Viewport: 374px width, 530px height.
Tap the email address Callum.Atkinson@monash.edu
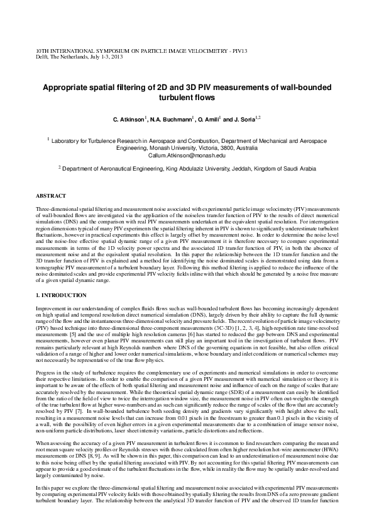click(187, 155)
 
